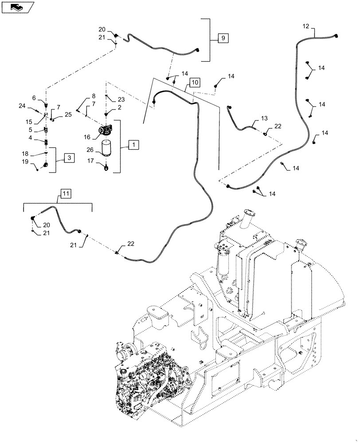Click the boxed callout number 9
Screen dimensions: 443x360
(223, 39)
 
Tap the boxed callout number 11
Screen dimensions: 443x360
(66, 193)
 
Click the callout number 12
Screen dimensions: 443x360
(305, 27)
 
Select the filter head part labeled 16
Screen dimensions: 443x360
(107, 131)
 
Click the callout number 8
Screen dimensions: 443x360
(94, 96)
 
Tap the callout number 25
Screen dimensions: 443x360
(68, 114)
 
